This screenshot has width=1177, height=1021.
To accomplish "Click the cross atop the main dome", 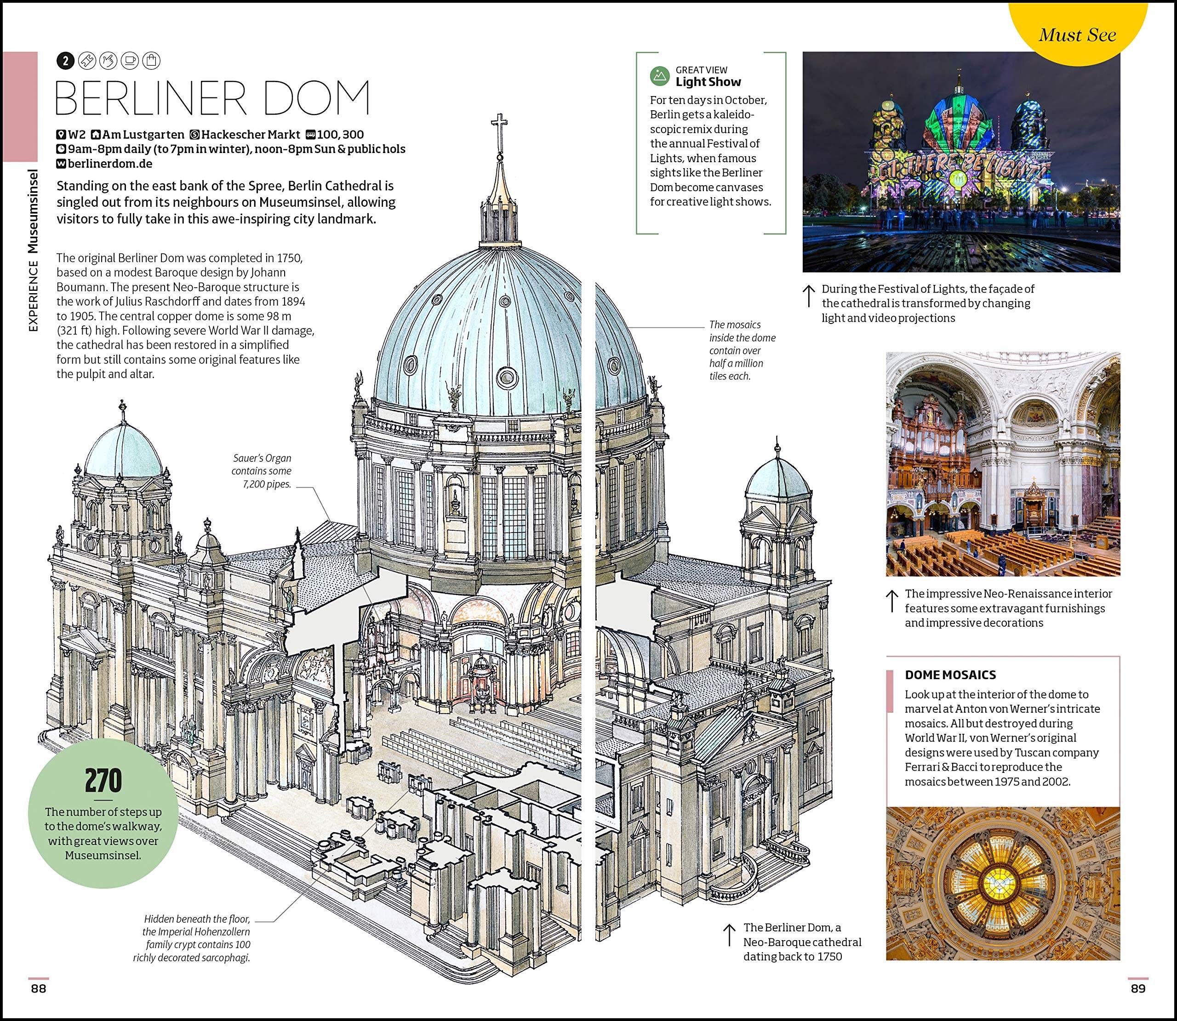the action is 500,130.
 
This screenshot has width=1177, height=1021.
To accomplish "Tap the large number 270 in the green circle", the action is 103,781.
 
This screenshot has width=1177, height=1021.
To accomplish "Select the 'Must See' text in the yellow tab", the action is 1077,35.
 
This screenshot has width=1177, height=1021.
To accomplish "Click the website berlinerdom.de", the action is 110,164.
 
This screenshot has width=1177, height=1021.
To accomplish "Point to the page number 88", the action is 38,988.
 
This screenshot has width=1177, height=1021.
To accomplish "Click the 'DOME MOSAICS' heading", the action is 950,675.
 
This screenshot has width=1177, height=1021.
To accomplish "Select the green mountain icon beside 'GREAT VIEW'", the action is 659,75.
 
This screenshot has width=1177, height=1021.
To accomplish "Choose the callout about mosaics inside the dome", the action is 742,350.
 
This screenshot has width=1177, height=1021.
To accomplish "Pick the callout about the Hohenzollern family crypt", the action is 192,938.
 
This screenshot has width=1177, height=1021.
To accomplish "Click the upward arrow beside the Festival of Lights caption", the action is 808,296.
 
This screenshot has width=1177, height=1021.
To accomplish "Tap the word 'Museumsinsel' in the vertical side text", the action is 34,211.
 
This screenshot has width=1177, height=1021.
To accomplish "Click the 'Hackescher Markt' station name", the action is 250,135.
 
